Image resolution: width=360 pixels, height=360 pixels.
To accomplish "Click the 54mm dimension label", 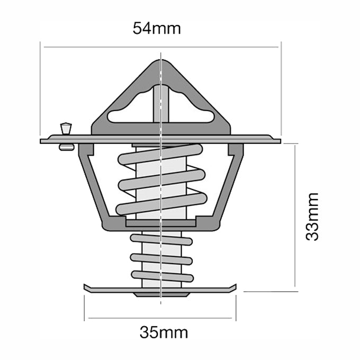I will point(157,29).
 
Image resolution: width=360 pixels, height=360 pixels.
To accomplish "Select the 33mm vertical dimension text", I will point(312,217).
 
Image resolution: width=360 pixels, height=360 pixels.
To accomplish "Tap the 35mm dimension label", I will point(164,332).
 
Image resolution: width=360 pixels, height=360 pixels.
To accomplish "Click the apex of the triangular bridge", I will point(161,65).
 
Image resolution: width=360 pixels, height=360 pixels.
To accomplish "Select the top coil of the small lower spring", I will point(161,239).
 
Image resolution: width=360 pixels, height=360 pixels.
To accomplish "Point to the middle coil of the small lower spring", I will point(161,258).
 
